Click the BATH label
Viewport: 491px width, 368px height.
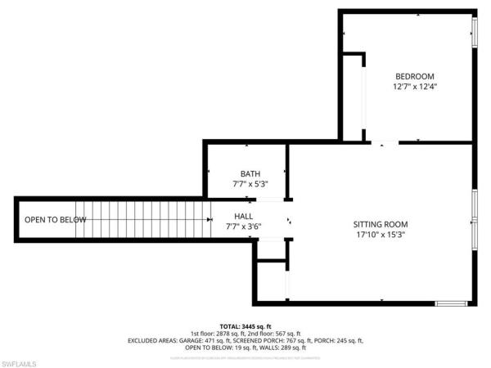coord(250,173)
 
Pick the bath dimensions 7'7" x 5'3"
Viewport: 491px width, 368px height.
coord(250,184)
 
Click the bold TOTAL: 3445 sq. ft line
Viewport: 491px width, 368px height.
coord(245,325)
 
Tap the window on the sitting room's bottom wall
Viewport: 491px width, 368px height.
coord(451,303)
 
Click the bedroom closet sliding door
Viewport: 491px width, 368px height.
coord(364,98)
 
